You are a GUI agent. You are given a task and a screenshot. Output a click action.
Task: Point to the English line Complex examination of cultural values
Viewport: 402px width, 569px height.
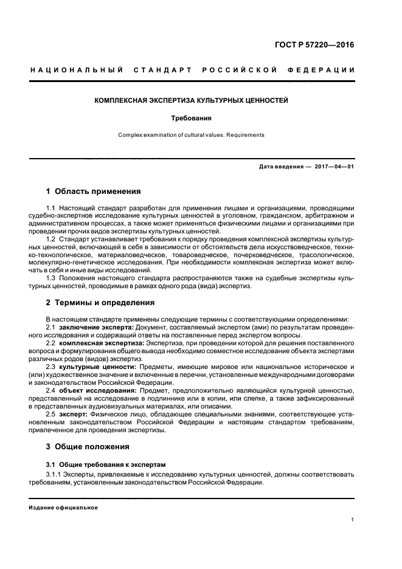pyautogui.click(x=192, y=135)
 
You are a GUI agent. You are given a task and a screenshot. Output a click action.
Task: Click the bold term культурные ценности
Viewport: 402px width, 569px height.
pyautogui.click(x=97, y=367)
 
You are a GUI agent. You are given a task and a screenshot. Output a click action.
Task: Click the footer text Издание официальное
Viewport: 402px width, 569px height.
pyautogui.click(x=63, y=507)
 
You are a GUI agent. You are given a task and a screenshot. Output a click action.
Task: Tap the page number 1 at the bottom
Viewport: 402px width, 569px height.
pyautogui.click(x=353, y=520)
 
